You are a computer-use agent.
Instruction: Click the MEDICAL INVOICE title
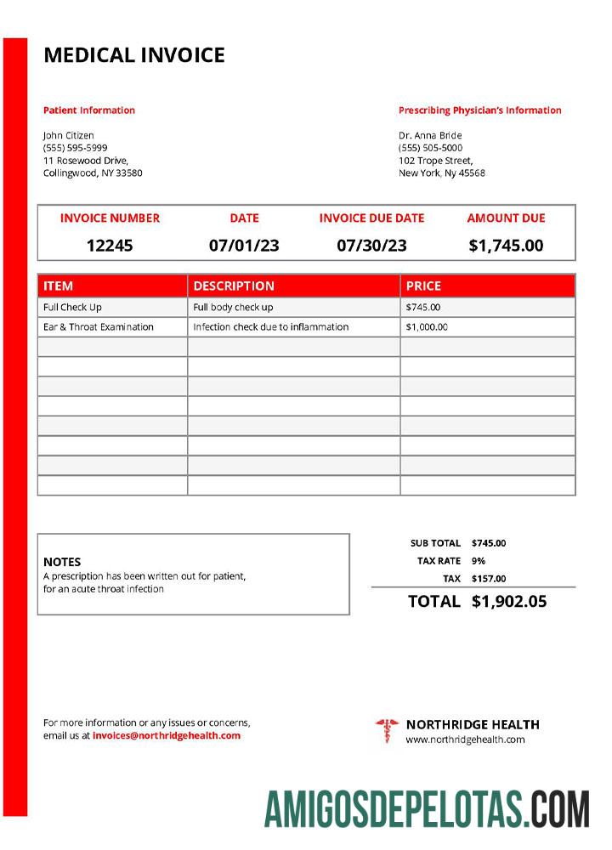tap(134, 56)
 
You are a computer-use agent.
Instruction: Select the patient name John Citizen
tap(69, 135)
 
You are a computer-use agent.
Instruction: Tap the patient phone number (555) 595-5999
tap(76, 148)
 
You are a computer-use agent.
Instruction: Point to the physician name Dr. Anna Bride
tap(430, 135)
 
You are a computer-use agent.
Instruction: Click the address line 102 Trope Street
tap(436, 161)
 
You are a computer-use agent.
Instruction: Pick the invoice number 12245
tap(110, 246)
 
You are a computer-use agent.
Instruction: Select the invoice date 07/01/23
tap(244, 246)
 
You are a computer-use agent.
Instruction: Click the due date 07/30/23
tap(371, 246)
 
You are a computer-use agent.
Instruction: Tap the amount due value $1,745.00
tap(506, 246)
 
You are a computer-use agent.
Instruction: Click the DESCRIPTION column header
tap(234, 286)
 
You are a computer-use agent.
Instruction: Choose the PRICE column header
tap(423, 286)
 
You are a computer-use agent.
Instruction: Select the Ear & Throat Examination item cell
tap(99, 327)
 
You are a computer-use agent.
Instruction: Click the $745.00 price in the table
tap(423, 308)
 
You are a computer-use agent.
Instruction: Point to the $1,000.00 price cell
tap(427, 327)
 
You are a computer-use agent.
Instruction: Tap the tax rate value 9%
tap(479, 561)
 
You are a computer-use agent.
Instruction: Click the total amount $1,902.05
tap(509, 602)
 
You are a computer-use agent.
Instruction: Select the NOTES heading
tap(62, 562)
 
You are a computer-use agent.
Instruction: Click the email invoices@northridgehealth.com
tap(167, 736)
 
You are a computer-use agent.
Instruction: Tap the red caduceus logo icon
tap(387, 730)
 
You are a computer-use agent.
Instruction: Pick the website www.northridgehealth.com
tap(465, 739)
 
